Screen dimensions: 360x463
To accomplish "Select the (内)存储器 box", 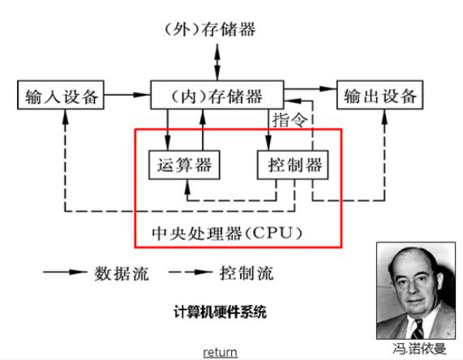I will coord(217,96).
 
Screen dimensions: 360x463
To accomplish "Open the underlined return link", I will coord(220,352).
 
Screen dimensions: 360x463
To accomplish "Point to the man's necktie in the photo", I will coord(418,328).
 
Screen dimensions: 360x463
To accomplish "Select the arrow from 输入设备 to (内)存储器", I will coord(127,96).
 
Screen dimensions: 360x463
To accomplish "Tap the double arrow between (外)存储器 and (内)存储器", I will coord(217,62).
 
